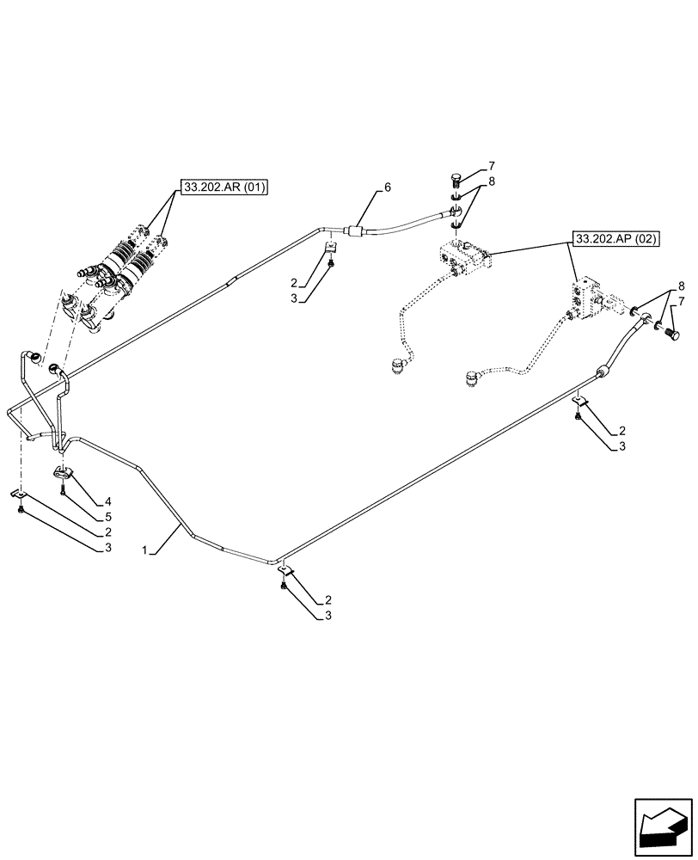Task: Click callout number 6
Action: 388,187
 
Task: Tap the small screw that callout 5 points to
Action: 64,489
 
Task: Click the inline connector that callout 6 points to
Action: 354,230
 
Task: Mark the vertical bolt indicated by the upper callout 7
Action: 457,181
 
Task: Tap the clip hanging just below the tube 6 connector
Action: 331,249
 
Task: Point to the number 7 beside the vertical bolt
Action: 491,165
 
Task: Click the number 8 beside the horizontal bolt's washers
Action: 682,286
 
